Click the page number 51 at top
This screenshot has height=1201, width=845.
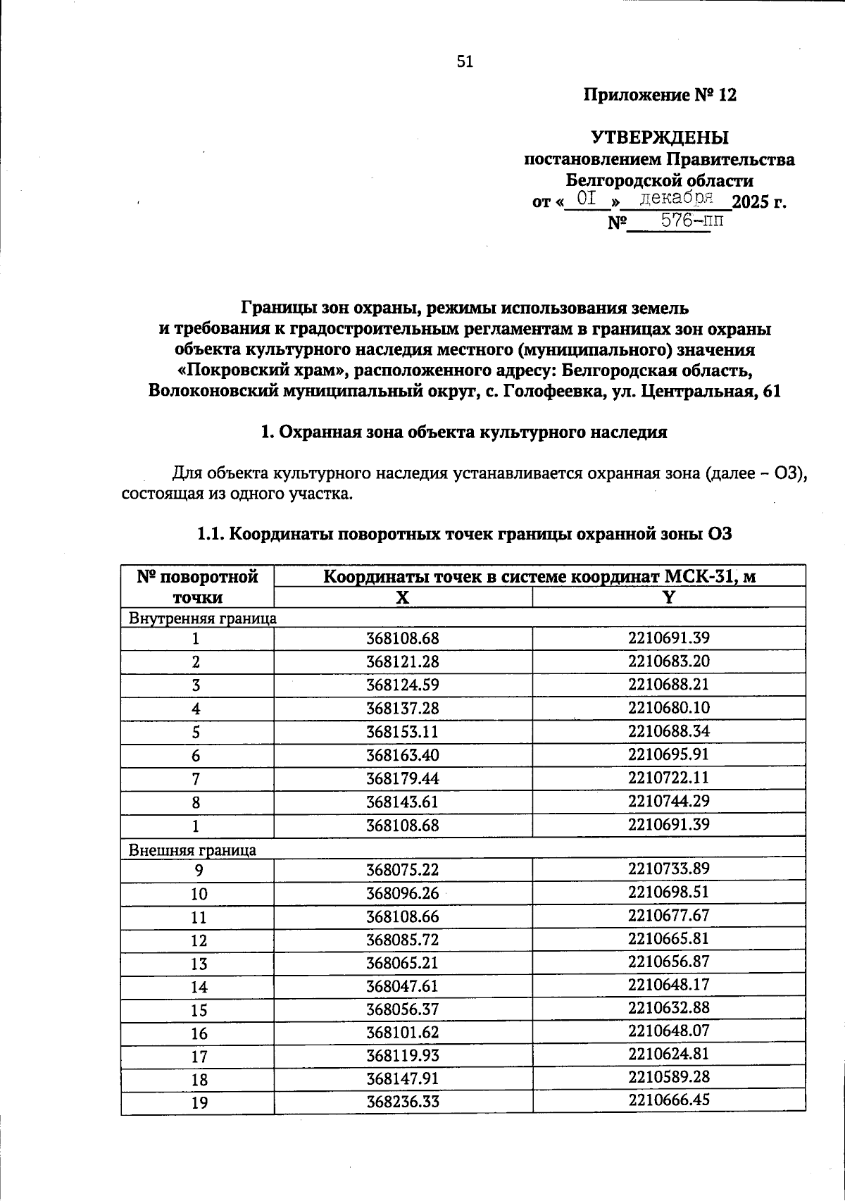pyautogui.click(x=465, y=62)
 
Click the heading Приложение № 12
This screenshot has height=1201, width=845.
pyautogui.click(x=660, y=95)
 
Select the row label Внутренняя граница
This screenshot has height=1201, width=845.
pyautogui.click(x=202, y=618)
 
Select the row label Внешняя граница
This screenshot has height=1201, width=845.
pyautogui.click(x=192, y=850)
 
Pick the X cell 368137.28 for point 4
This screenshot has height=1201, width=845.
pyautogui.click(x=403, y=708)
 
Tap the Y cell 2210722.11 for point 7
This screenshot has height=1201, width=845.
pyautogui.click(x=668, y=778)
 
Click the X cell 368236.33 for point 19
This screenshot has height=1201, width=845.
pyautogui.click(x=403, y=1102)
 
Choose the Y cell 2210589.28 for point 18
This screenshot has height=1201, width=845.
pyautogui.click(x=668, y=1077)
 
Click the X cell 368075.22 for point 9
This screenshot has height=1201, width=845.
pyautogui.click(x=403, y=871)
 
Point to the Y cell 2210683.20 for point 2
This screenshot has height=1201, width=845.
pyautogui.click(x=668, y=661)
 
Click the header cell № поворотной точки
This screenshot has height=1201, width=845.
pyautogui.click(x=198, y=587)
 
